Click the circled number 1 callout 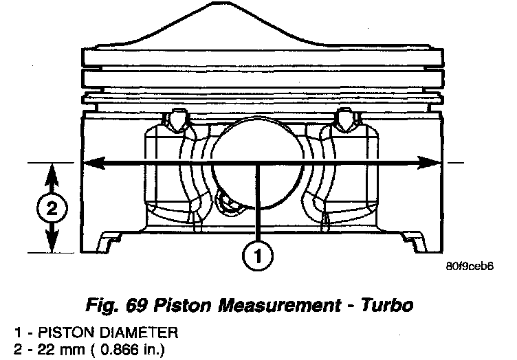[255, 257]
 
